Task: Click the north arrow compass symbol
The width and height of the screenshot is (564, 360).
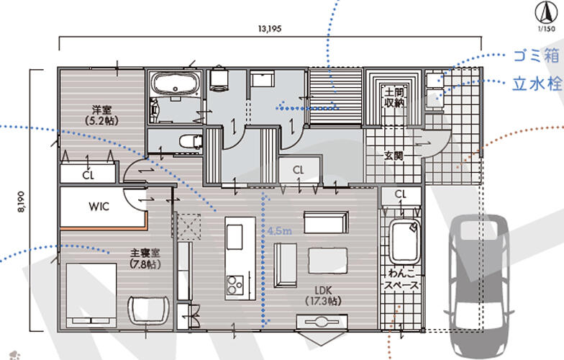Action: click(546, 13)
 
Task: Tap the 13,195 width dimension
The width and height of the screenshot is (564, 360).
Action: click(269, 29)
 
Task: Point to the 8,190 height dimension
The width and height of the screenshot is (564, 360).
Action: click(22, 202)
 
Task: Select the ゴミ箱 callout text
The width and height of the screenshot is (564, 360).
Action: click(535, 56)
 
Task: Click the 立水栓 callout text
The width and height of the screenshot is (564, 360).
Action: click(537, 84)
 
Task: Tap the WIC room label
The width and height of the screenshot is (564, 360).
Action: click(99, 207)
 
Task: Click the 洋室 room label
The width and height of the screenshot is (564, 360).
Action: click(101, 109)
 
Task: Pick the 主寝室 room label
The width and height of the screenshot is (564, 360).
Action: click(145, 253)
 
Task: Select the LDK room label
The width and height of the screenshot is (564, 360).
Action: click(322, 289)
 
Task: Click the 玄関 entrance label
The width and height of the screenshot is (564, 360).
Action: click(394, 156)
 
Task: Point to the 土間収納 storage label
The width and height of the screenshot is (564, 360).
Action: click(394, 97)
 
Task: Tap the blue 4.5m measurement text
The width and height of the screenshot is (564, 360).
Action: click(279, 230)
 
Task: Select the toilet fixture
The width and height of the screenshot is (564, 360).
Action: click(191, 141)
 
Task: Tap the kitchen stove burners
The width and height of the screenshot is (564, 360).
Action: click(235, 285)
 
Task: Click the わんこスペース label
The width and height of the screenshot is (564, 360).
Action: click(401, 279)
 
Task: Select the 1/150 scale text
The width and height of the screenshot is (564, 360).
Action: click(547, 29)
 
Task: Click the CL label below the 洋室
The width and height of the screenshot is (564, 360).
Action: click(88, 176)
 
